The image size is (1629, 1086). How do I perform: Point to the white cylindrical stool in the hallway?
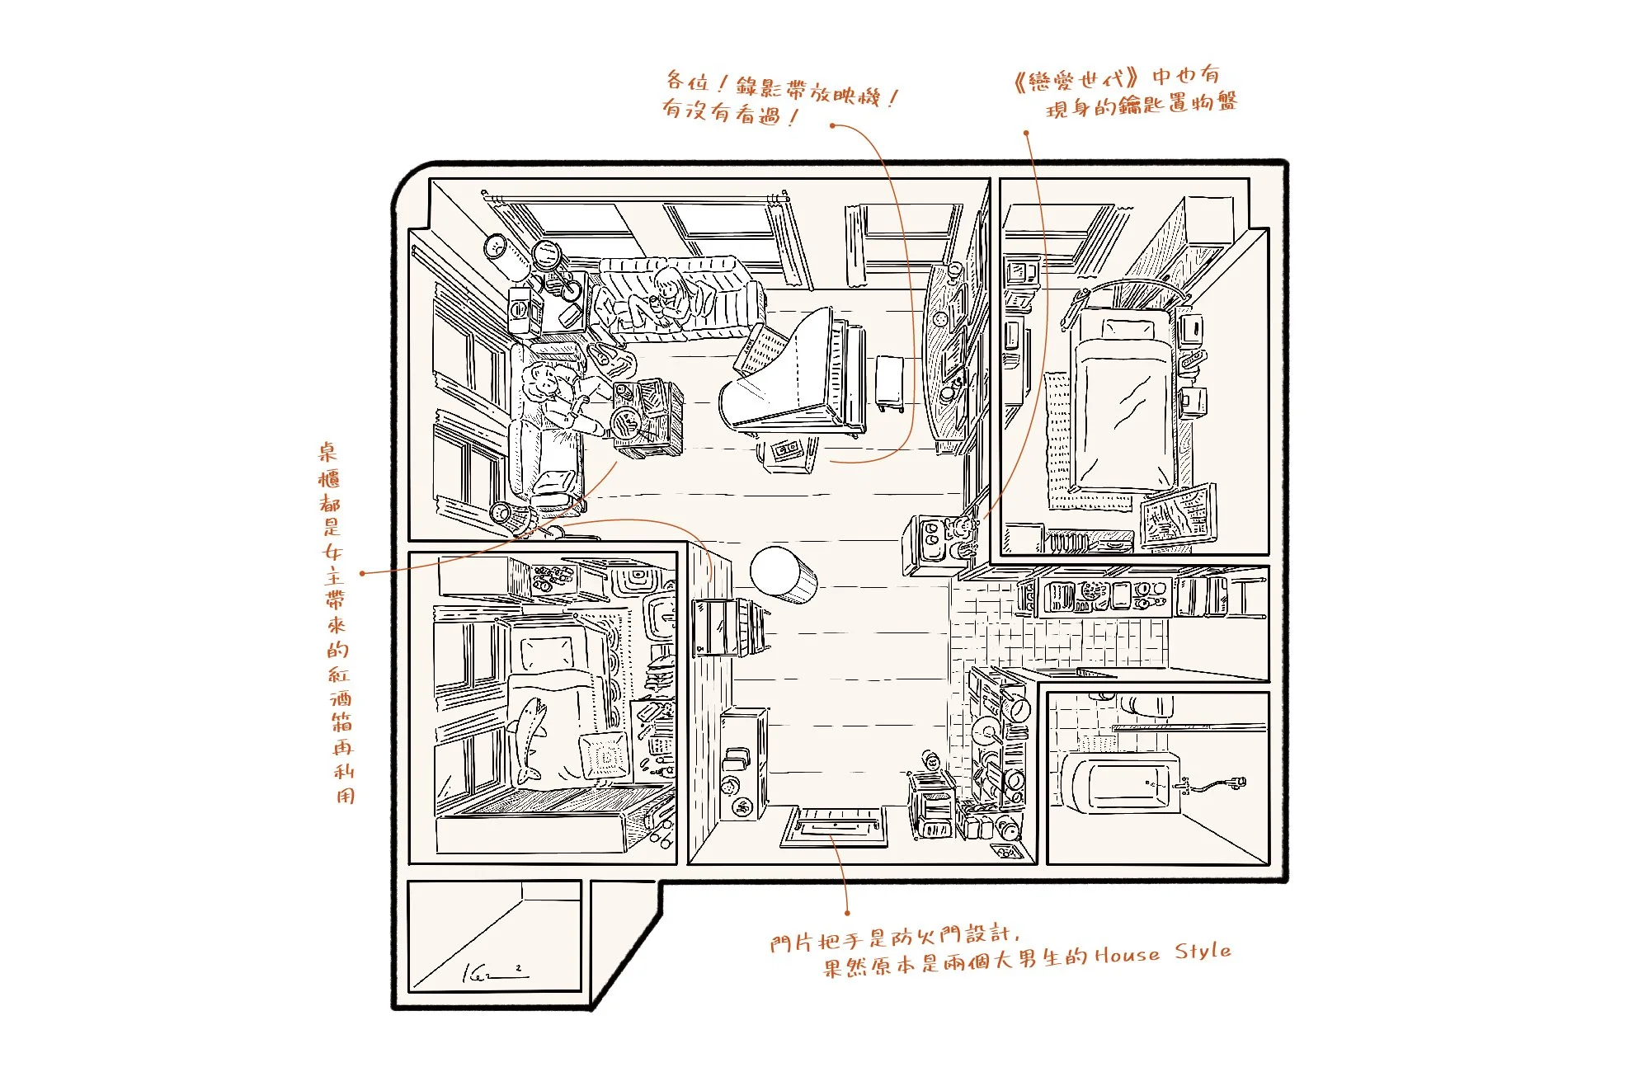coord(782,573)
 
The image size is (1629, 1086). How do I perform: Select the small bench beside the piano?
coord(890,382)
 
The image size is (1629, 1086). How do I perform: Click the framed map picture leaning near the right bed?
coord(1178,514)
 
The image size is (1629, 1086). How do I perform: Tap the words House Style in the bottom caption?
coord(1163,953)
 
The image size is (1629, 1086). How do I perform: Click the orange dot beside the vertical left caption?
coord(362,572)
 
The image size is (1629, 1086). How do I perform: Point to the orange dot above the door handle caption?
coord(847,913)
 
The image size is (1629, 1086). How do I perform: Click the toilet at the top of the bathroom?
coord(1146,705)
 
